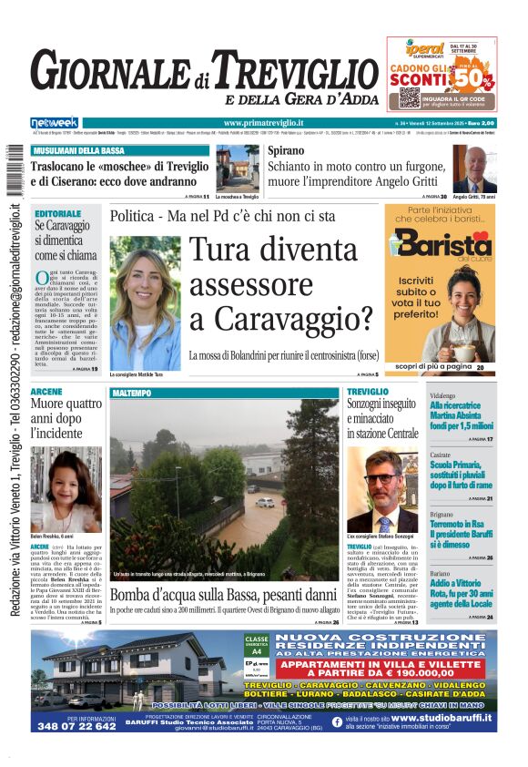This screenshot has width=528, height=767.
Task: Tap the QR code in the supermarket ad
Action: (409, 97)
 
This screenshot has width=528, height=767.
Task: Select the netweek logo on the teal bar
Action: (54, 122)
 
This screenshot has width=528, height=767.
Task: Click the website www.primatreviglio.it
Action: (263, 123)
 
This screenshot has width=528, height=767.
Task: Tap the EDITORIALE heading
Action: (57, 214)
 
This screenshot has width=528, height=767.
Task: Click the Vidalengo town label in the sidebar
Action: (442, 396)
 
